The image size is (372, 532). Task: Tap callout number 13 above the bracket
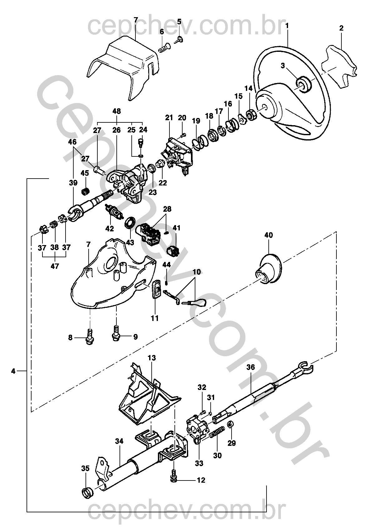[x=152, y=358]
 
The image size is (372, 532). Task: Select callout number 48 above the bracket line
[x=116, y=111]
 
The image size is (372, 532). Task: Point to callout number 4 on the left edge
[x=13, y=371]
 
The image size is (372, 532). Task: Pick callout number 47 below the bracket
[x=55, y=266]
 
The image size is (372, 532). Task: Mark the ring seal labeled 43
[x=130, y=223]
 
